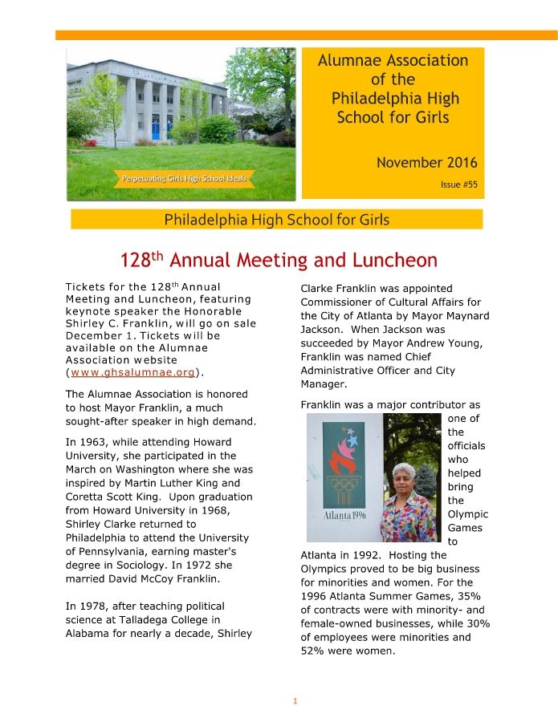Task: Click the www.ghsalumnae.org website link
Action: click(x=132, y=372)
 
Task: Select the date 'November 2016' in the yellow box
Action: click(x=421, y=163)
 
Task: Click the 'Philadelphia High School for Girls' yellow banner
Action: click(x=277, y=219)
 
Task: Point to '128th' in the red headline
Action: click(x=142, y=261)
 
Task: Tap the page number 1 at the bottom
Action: click(x=295, y=701)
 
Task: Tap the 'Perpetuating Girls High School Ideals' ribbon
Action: click(x=185, y=178)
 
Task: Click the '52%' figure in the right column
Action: click(x=316, y=651)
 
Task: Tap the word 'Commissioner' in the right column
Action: click(x=338, y=302)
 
